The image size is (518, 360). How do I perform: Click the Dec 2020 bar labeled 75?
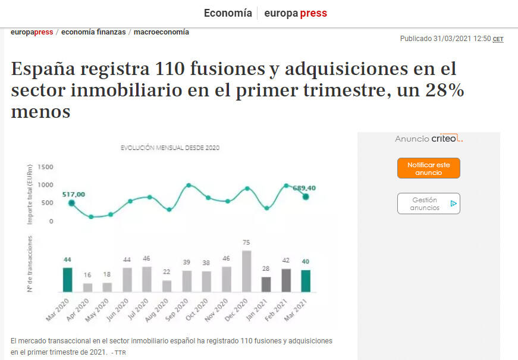click(246, 271)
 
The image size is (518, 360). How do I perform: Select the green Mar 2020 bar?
click(68, 280)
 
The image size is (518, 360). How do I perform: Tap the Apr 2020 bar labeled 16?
click(88, 287)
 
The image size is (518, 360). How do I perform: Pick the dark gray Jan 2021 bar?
click(266, 284)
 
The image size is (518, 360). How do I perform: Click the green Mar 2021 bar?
click(306, 281)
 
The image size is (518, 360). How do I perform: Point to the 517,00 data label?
click(74, 194)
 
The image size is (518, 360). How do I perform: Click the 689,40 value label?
click(304, 188)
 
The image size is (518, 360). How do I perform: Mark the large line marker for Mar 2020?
click(71, 203)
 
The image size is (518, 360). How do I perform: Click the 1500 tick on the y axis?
click(45, 167)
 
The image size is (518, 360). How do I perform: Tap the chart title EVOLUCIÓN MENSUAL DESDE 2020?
click(170, 148)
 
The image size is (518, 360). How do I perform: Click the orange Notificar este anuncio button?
click(428, 168)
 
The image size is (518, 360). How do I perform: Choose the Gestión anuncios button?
click(428, 204)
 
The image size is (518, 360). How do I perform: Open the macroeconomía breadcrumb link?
click(161, 32)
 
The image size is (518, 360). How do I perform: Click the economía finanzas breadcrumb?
click(93, 32)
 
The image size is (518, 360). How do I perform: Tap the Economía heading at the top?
click(228, 13)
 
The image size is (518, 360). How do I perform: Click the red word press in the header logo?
click(313, 13)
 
